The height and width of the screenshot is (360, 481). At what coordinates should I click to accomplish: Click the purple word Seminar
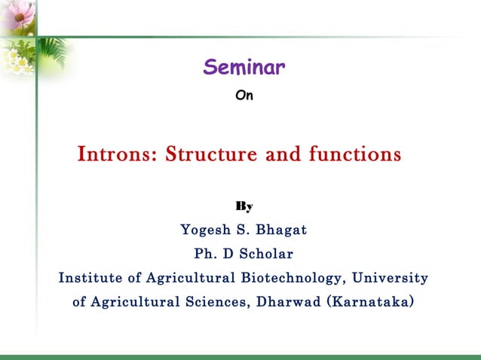[x=244, y=69]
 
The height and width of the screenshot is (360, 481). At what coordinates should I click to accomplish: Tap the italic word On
[x=244, y=96]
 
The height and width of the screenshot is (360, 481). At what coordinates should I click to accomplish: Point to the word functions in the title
[x=354, y=155]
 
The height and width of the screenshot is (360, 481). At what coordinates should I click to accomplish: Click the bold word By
[x=244, y=206]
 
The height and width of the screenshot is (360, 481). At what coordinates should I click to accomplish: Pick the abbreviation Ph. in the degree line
[x=205, y=253]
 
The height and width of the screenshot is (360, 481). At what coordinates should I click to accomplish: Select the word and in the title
[x=282, y=155]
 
